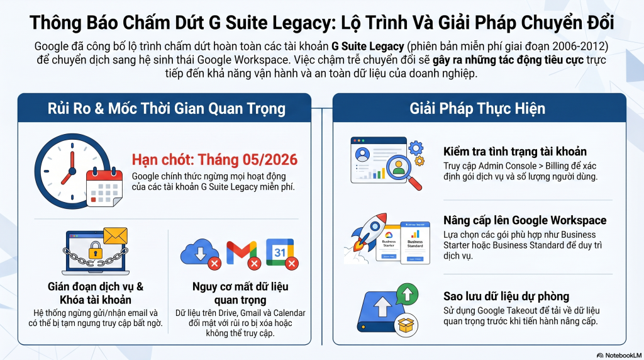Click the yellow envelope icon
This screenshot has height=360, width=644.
(x=115, y=236)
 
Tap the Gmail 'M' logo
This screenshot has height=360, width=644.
(x=241, y=253)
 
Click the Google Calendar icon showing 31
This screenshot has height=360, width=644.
(x=280, y=252)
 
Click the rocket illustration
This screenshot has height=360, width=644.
(x=370, y=233)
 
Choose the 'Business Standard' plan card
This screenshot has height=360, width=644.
(x=415, y=242)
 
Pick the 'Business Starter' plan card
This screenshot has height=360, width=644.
(x=388, y=242)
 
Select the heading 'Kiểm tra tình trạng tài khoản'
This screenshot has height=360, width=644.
(x=515, y=152)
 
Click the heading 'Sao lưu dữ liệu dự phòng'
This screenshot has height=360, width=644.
(x=506, y=296)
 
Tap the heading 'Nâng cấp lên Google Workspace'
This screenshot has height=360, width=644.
(x=525, y=220)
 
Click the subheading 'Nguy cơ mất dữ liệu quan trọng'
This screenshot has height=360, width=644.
(x=240, y=293)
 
